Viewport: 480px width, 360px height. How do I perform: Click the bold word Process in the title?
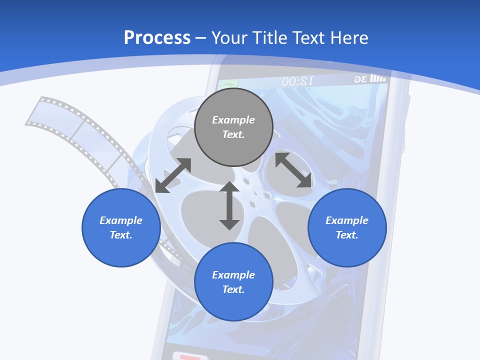157,38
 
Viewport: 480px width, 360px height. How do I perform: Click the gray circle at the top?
233,127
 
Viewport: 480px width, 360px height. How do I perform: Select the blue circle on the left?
121,227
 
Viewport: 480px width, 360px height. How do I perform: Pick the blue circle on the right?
347,227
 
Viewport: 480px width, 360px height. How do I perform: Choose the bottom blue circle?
233,282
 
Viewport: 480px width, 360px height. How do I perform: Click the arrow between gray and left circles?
173,175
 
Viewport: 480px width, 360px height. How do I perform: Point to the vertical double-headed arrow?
229,205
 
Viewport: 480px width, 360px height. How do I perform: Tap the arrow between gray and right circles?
293,170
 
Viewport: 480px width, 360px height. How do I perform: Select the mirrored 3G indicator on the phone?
360,79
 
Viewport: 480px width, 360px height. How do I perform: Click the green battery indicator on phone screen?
229,84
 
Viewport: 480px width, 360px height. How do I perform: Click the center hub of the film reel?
255,193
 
